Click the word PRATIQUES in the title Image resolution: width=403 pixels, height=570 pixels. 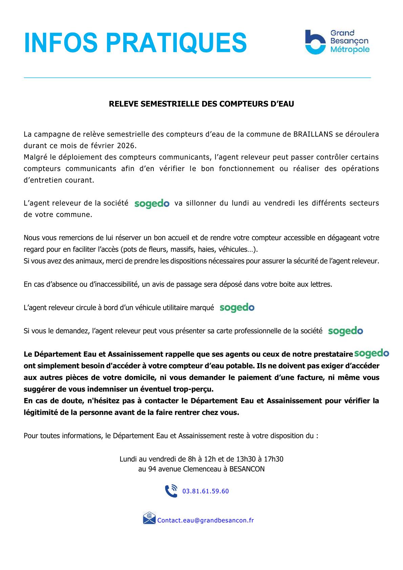click(x=176, y=43)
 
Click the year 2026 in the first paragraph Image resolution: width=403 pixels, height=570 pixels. click(x=126, y=146)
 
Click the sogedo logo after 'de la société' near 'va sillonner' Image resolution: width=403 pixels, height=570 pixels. click(x=152, y=204)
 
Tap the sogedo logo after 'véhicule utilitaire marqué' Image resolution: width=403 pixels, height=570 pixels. click(x=237, y=308)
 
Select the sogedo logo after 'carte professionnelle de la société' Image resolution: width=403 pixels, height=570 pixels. click(x=345, y=331)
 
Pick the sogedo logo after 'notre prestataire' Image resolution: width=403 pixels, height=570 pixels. click(x=372, y=353)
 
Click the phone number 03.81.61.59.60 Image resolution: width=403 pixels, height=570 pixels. click(x=206, y=491)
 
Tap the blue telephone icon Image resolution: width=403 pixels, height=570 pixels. click(x=171, y=491)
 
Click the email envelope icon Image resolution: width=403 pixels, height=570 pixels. click(x=149, y=518)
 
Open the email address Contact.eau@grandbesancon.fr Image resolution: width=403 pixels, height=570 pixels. click(x=206, y=521)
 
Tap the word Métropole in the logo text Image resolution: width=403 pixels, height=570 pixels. click(x=350, y=50)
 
